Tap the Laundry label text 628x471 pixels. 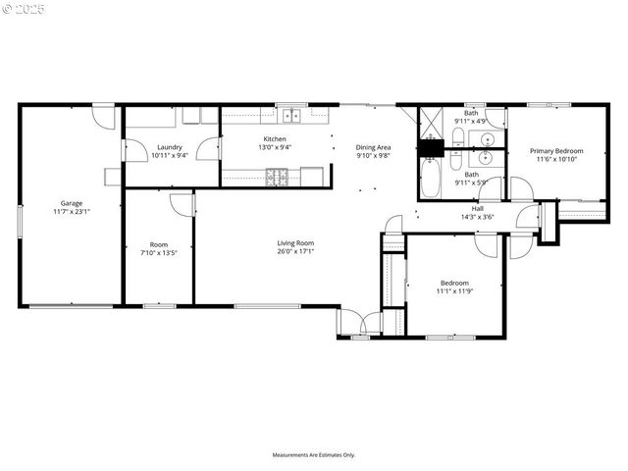pyautogui.click(x=169, y=147)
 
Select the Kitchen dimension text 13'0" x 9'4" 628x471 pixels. pyautogui.click(x=274, y=147)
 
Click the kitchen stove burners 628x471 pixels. pyautogui.click(x=279, y=177)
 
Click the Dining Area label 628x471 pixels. pyautogui.click(x=373, y=147)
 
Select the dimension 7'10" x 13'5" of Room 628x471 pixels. pyautogui.click(x=158, y=252)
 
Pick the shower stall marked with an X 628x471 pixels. pyautogui.click(x=432, y=125)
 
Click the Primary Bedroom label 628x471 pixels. pyautogui.click(x=556, y=151)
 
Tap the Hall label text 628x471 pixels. pyautogui.click(x=477, y=208)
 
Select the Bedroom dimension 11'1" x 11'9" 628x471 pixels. pyautogui.click(x=453, y=290)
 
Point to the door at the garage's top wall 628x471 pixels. pyautogui.click(x=101, y=117)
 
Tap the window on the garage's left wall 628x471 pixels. pyautogui.click(x=20, y=218)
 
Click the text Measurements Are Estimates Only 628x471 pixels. pyautogui.click(x=313, y=454)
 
